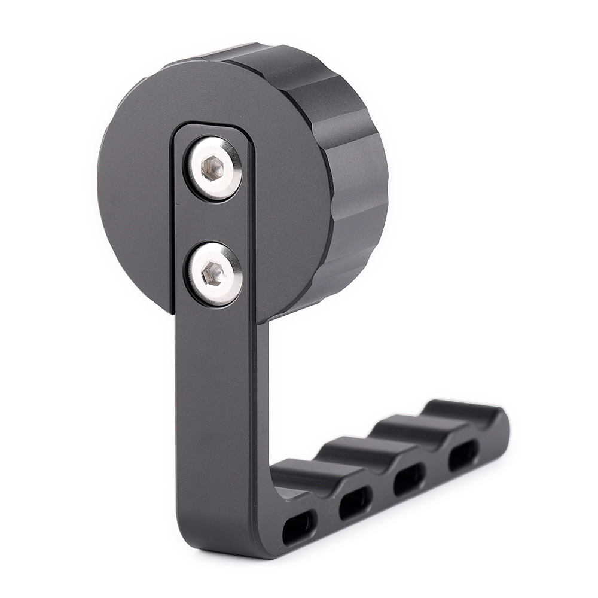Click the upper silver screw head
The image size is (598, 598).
(x=212, y=168)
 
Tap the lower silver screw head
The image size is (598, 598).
(x=213, y=274)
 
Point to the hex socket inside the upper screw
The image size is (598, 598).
(x=212, y=167)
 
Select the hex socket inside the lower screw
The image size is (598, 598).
(x=212, y=274)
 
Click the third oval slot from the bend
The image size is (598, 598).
(x=410, y=479)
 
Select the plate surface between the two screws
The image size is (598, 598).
(x=212, y=221)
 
